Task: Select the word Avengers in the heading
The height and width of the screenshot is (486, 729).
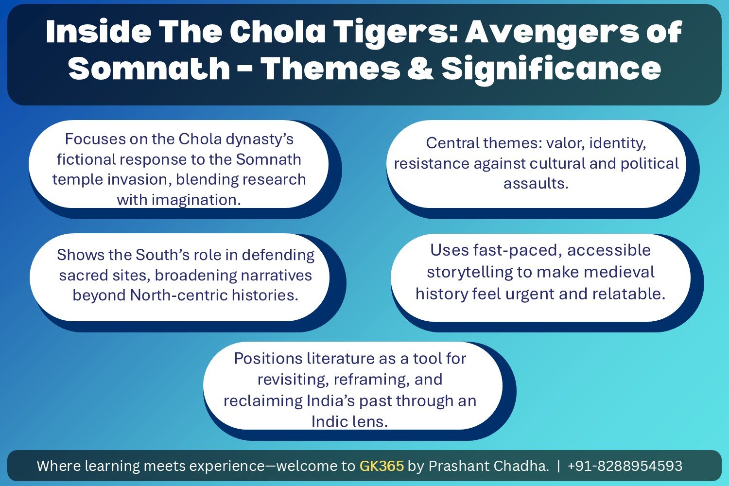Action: click(552, 33)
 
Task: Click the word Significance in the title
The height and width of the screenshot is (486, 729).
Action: click(551, 69)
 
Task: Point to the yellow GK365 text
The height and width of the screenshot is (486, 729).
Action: click(382, 466)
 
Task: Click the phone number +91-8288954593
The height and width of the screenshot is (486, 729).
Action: click(625, 466)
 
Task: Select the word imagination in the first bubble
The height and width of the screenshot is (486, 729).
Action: click(196, 200)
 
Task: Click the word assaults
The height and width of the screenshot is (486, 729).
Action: click(536, 184)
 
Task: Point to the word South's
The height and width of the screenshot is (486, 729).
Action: click(162, 255)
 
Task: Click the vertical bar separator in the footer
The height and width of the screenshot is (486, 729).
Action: click(558, 466)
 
